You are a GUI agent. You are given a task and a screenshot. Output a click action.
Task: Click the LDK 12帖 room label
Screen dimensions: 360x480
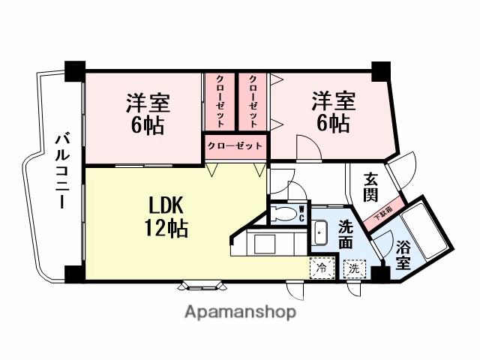coord(172,217)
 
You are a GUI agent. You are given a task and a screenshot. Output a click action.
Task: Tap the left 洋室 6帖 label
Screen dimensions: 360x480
coord(147,112)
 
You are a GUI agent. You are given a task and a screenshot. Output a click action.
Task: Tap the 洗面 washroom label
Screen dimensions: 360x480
coord(345,234)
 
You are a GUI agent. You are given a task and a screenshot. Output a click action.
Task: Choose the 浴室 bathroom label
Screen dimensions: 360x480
coord(403,253)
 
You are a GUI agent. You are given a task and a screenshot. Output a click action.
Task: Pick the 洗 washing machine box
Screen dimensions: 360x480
coord(353,267)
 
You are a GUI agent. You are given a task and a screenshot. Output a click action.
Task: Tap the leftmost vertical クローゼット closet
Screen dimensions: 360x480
coord(221,101)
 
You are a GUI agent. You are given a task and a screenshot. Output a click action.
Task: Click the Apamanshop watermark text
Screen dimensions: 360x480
coord(240,311)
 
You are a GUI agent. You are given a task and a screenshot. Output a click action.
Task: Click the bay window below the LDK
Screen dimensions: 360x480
coord(201,284)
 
